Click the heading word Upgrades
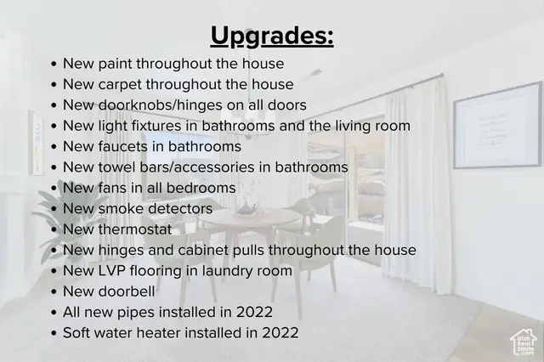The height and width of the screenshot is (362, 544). click(x=271, y=37)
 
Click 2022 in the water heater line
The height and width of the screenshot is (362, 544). click(x=280, y=332)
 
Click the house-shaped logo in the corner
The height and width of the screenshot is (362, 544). click(x=523, y=342)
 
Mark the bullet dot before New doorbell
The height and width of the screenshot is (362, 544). click(x=54, y=291)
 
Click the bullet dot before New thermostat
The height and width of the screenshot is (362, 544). click(x=54, y=229)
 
